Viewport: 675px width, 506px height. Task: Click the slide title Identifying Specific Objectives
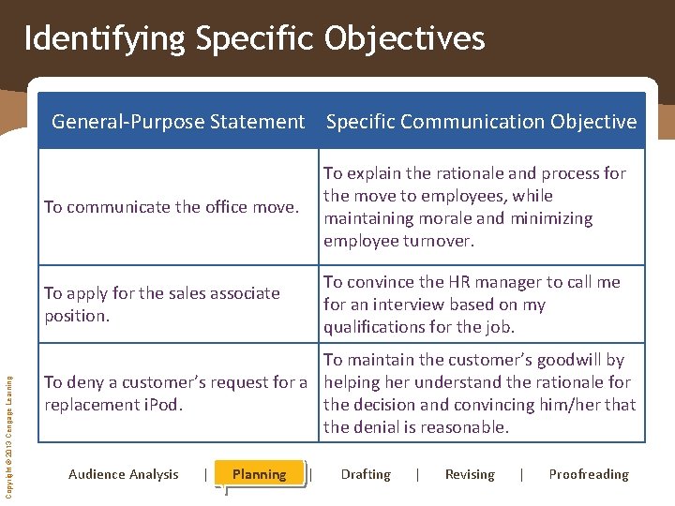(254, 39)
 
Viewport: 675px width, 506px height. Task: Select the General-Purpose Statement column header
(178, 122)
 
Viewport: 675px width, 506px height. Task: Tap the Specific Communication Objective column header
(481, 122)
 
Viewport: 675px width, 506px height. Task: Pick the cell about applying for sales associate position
(162, 305)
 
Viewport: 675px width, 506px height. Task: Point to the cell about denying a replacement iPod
(175, 394)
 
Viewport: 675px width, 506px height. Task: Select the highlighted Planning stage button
(260, 474)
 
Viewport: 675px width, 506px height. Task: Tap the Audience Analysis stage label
(124, 474)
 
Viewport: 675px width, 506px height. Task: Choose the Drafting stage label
(366, 474)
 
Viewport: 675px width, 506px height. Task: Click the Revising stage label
(470, 474)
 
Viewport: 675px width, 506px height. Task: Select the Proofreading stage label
(589, 474)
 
